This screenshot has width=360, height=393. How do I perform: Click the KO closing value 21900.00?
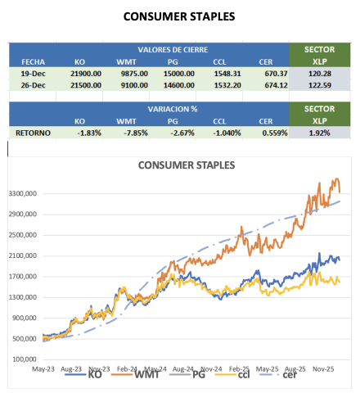(x=86, y=74)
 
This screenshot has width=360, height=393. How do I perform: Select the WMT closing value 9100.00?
(x=134, y=85)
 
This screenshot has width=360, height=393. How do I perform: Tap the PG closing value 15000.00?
(x=179, y=74)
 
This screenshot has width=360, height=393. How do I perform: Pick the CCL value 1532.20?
(x=227, y=85)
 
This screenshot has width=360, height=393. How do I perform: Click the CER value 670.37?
(x=276, y=74)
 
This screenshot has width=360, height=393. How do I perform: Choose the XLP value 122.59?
(x=320, y=85)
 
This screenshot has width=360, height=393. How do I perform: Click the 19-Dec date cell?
(x=33, y=74)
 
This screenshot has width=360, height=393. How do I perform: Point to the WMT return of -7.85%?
(x=136, y=133)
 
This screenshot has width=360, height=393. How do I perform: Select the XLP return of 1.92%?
(x=319, y=133)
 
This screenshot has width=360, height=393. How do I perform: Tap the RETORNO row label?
(x=33, y=133)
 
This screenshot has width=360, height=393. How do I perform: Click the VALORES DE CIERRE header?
(x=173, y=50)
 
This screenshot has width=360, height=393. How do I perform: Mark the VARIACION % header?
(x=173, y=109)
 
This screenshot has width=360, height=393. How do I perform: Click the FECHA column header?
(x=33, y=62)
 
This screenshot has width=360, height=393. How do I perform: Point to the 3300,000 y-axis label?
(x=23, y=194)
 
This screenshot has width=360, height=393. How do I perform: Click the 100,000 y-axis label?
(x=25, y=359)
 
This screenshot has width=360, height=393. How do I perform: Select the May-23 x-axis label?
(x=43, y=369)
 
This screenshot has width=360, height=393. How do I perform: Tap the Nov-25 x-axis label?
(x=323, y=369)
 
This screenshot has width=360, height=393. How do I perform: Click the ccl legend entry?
(x=232, y=374)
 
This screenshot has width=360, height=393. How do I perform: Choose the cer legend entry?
(x=277, y=374)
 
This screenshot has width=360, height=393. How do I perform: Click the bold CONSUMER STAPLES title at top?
(x=179, y=16)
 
